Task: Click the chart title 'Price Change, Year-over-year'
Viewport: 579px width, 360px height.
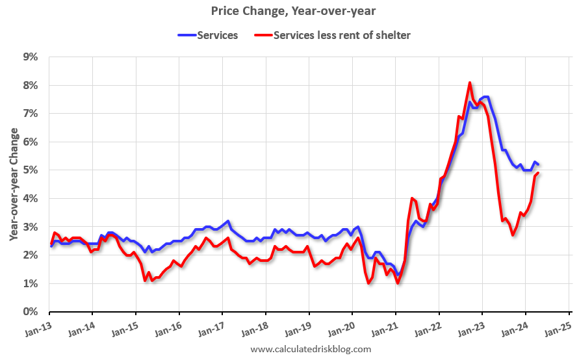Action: pyautogui.click(x=293, y=11)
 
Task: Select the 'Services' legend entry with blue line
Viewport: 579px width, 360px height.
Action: pyautogui.click(x=208, y=35)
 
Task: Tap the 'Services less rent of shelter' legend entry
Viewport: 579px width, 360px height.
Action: pyautogui.click(x=332, y=35)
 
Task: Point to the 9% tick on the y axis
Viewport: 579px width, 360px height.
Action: pyautogui.click(x=30, y=57)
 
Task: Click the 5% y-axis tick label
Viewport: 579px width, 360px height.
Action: pyautogui.click(x=30, y=170)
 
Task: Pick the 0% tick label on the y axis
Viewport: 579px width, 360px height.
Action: pyautogui.click(x=30, y=312)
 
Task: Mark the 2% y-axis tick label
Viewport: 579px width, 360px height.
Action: pyautogui.click(x=30, y=255)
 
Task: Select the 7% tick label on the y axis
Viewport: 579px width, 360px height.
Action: pyautogui.click(x=30, y=114)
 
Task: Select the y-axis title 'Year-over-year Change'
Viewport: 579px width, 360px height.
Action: pyautogui.click(x=13, y=184)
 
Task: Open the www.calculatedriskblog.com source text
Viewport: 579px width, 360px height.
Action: pyautogui.click(x=311, y=350)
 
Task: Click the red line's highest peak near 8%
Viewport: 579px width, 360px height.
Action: pyautogui.click(x=470, y=83)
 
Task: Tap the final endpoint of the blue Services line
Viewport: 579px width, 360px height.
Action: pyautogui.click(x=538, y=165)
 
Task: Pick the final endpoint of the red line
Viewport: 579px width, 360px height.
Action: pyautogui.click(x=539, y=173)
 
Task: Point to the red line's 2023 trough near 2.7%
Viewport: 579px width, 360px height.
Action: pyautogui.click(x=513, y=235)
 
